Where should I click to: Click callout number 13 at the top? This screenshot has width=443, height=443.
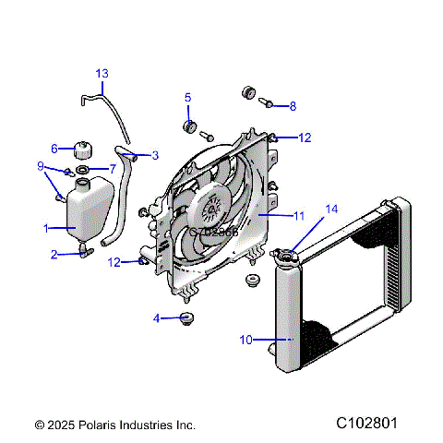click(x=102, y=73)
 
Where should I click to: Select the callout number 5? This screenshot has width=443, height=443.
click(x=187, y=97)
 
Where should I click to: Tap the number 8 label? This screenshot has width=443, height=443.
click(x=293, y=106)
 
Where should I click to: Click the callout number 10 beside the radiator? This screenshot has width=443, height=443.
click(x=246, y=340)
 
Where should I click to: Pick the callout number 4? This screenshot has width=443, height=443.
click(x=157, y=318)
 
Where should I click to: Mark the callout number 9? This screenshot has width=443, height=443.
click(x=41, y=166)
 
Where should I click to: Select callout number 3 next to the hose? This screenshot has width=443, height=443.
click(x=155, y=155)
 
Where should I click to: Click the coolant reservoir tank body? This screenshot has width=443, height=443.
click(x=90, y=210)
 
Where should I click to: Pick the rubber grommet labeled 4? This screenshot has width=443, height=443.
click(x=189, y=319)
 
